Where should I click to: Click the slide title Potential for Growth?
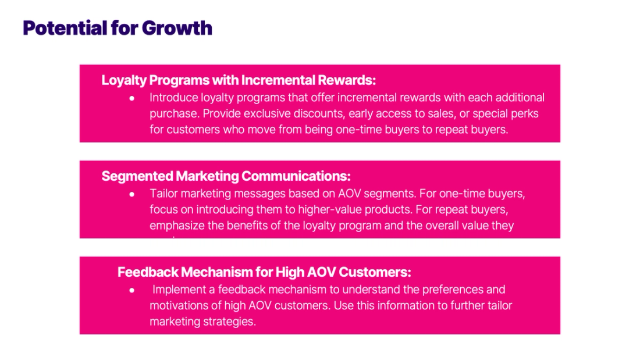(x=118, y=27)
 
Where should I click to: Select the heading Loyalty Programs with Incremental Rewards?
(x=239, y=80)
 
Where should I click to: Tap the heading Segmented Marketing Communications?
(x=226, y=176)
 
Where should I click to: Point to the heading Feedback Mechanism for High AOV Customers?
(x=264, y=272)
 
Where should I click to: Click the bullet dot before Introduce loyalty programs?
(x=132, y=98)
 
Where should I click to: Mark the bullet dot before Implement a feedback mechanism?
(x=132, y=290)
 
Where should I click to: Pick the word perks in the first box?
(x=525, y=113)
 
